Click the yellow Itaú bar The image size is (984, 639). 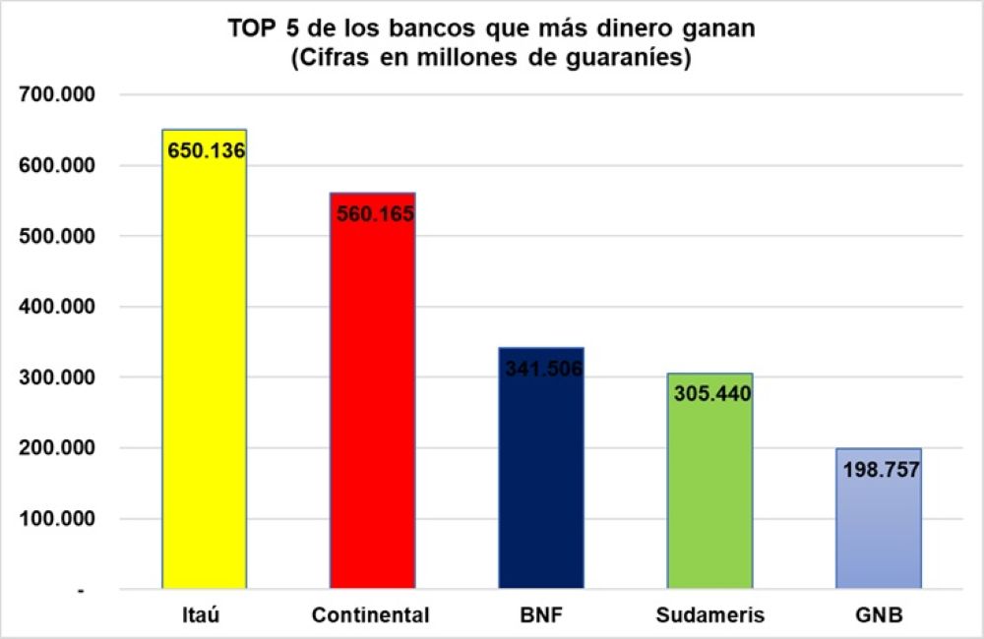[205, 374]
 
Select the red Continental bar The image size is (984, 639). [372, 413]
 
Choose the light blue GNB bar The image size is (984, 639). [879, 531]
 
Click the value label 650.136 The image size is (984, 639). [206, 151]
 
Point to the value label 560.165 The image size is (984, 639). [375, 213]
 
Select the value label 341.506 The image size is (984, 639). [543, 369]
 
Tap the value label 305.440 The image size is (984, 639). [712, 394]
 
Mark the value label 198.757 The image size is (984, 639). [881, 469]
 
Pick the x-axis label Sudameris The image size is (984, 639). [709, 616]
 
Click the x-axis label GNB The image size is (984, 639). [879, 616]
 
